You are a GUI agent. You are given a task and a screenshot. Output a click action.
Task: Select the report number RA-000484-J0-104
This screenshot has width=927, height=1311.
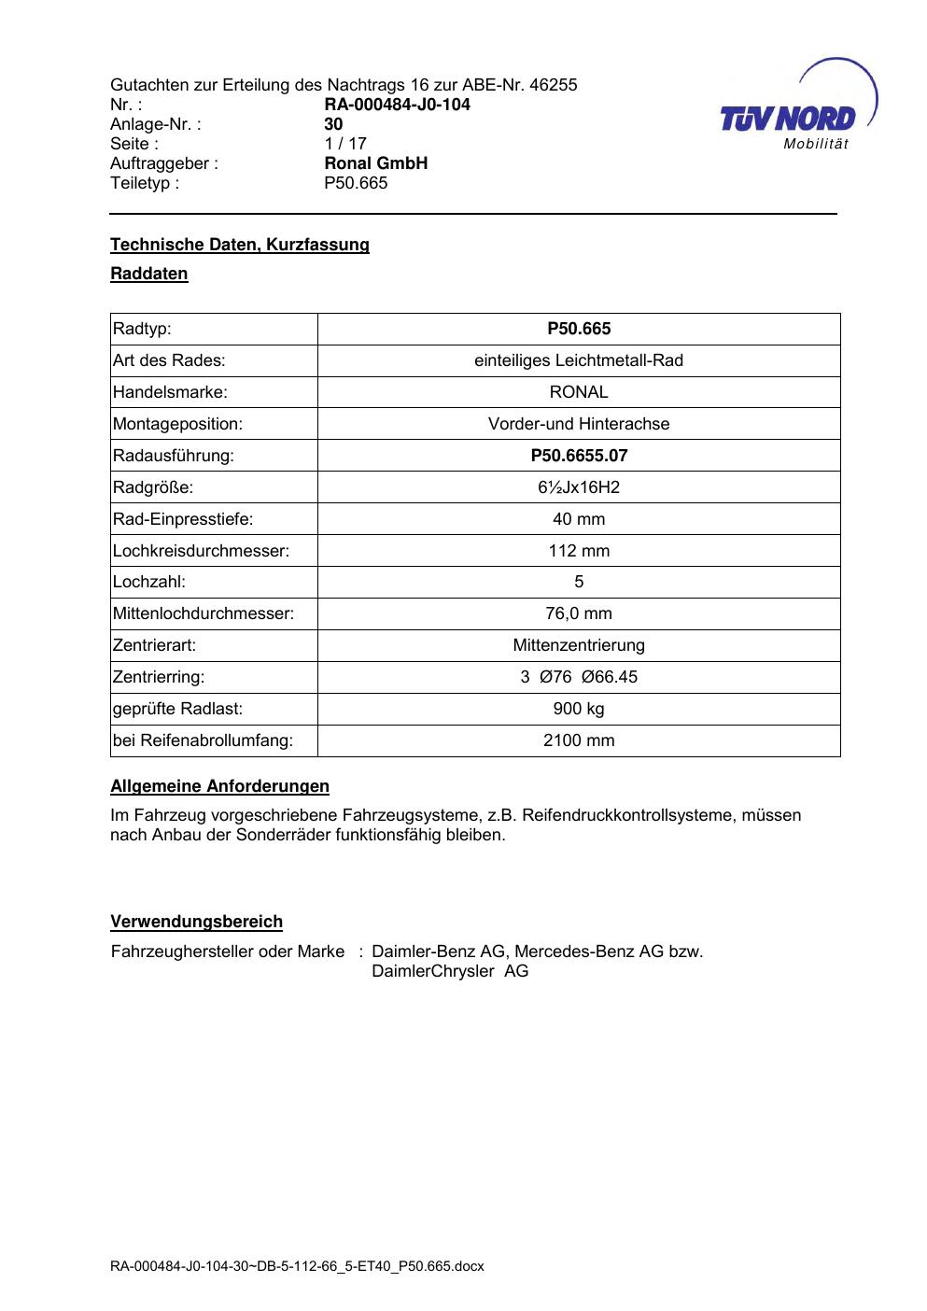point(397,105)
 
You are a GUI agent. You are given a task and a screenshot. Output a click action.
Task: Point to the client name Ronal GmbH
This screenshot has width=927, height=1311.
point(375,163)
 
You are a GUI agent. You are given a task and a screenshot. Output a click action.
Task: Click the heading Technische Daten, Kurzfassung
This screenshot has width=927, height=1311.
point(240,245)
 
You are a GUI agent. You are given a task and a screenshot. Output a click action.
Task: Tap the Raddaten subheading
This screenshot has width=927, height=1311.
point(149,274)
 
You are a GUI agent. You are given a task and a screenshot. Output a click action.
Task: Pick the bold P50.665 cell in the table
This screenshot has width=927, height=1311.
point(579,329)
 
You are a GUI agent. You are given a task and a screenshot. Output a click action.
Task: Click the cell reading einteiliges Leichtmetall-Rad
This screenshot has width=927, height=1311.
point(579,360)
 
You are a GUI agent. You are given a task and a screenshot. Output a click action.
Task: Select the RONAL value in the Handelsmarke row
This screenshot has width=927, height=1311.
point(579,392)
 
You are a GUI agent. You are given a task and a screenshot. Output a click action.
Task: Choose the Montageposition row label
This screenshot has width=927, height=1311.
point(177,424)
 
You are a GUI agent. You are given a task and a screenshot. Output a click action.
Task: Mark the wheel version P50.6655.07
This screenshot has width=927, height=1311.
point(579,456)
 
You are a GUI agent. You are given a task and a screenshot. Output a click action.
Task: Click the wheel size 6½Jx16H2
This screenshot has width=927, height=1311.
point(579,487)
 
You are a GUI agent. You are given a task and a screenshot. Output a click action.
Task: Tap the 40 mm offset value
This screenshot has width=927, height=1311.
point(579,519)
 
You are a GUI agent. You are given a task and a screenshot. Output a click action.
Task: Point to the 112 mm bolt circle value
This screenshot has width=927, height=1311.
point(579,551)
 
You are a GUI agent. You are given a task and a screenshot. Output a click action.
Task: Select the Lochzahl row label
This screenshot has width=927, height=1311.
point(149,583)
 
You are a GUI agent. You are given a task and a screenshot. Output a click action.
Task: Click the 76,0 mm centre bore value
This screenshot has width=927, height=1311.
point(579,613)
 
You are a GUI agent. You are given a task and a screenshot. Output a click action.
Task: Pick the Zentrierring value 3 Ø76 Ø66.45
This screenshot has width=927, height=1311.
point(579,677)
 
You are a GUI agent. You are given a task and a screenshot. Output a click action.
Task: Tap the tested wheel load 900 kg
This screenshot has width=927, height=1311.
point(579,709)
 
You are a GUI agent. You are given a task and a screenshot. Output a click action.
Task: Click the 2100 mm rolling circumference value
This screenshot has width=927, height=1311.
point(579,740)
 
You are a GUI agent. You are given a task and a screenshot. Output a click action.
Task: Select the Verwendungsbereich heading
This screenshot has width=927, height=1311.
point(196,922)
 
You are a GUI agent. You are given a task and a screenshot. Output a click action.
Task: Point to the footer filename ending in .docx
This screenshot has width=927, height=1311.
point(297,1267)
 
